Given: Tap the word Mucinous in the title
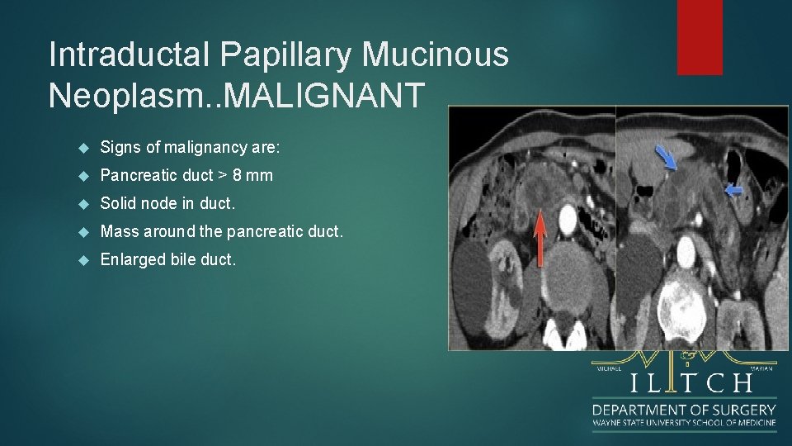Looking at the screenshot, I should [x=436, y=55].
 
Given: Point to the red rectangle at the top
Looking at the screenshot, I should [x=700, y=37].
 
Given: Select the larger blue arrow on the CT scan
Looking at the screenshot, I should [x=665, y=156].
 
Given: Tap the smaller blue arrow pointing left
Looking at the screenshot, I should [x=733, y=191].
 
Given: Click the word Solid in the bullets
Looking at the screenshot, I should [x=117, y=203].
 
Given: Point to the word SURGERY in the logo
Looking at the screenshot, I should [x=741, y=410].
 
